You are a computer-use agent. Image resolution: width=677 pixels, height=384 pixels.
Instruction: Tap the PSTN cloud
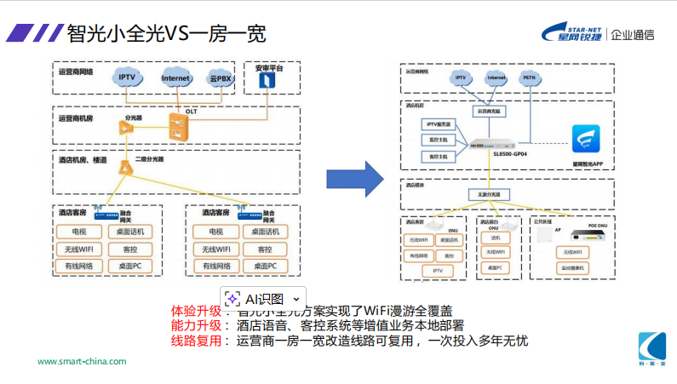[529, 77]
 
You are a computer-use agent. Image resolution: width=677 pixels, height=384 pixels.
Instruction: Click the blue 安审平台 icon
[268, 80]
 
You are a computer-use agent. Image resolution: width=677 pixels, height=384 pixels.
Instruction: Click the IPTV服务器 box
[439, 125]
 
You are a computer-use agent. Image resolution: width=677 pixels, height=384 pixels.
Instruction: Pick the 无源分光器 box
[489, 195]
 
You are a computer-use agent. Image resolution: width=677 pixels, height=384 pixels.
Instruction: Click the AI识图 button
[263, 299]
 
